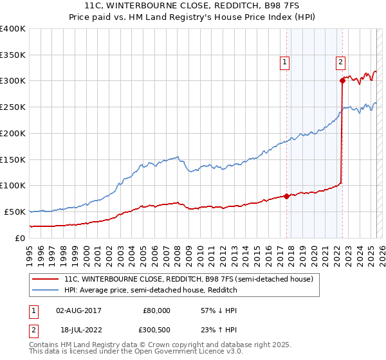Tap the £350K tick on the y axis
(x=13, y=55)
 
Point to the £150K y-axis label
(x=13, y=159)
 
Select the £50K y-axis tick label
(x=15, y=211)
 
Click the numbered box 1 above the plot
(x=284, y=62)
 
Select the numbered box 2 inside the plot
(x=340, y=62)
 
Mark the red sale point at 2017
(x=286, y=197)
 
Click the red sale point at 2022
(x=342, y=80)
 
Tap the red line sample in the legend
(x=46, y=280)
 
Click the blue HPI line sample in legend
(x=46, y=291)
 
